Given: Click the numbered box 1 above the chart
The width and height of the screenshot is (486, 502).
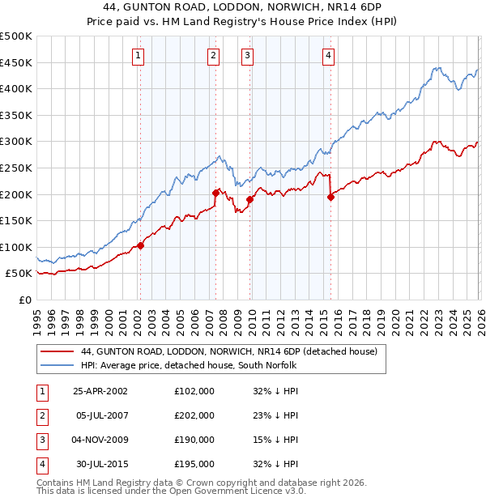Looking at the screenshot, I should click(x=139, y=56).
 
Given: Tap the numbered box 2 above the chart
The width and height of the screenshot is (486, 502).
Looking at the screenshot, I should click(x=213, y=56).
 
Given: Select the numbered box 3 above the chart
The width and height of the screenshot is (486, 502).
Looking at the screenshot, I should click(x=247, y=56).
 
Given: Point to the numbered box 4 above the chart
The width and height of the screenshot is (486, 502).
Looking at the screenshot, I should click(x=329, y=56).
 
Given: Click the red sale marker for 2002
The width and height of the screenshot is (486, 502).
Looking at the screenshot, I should click(x=140, y=245).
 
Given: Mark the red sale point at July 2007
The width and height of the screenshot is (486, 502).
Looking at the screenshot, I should click(x=215, y=193).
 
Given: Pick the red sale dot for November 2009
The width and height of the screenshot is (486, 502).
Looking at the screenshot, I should click(x=249, y=199).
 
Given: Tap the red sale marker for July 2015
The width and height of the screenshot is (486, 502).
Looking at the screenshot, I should click(x=330, y=197).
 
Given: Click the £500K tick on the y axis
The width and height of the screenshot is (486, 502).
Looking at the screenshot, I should click(x=16, y=36).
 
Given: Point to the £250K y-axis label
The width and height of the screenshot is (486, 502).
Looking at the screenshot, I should click(x=16, y=168).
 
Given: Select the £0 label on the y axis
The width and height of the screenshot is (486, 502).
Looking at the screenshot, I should click(x=25, y=300).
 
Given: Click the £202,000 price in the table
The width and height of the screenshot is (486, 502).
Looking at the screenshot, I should click(x=194, y=415).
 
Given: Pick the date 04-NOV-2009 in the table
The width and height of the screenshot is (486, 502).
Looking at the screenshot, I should click(x=100, y=440).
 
